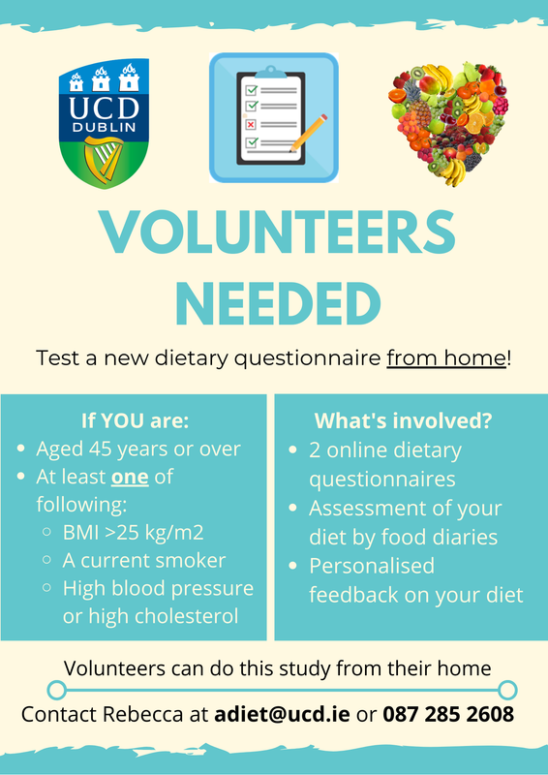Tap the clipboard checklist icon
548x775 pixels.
(274, 118)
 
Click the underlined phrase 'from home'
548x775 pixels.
(446, 357)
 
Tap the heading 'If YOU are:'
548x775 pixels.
(135, 421)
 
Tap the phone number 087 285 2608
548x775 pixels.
(448, 715)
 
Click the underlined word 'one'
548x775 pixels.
(129, 477)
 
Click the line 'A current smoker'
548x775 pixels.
(144, 560)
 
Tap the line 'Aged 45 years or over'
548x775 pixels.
(138, 449)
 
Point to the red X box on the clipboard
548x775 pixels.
(251, 124)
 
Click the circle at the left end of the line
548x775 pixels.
(56, 690)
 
